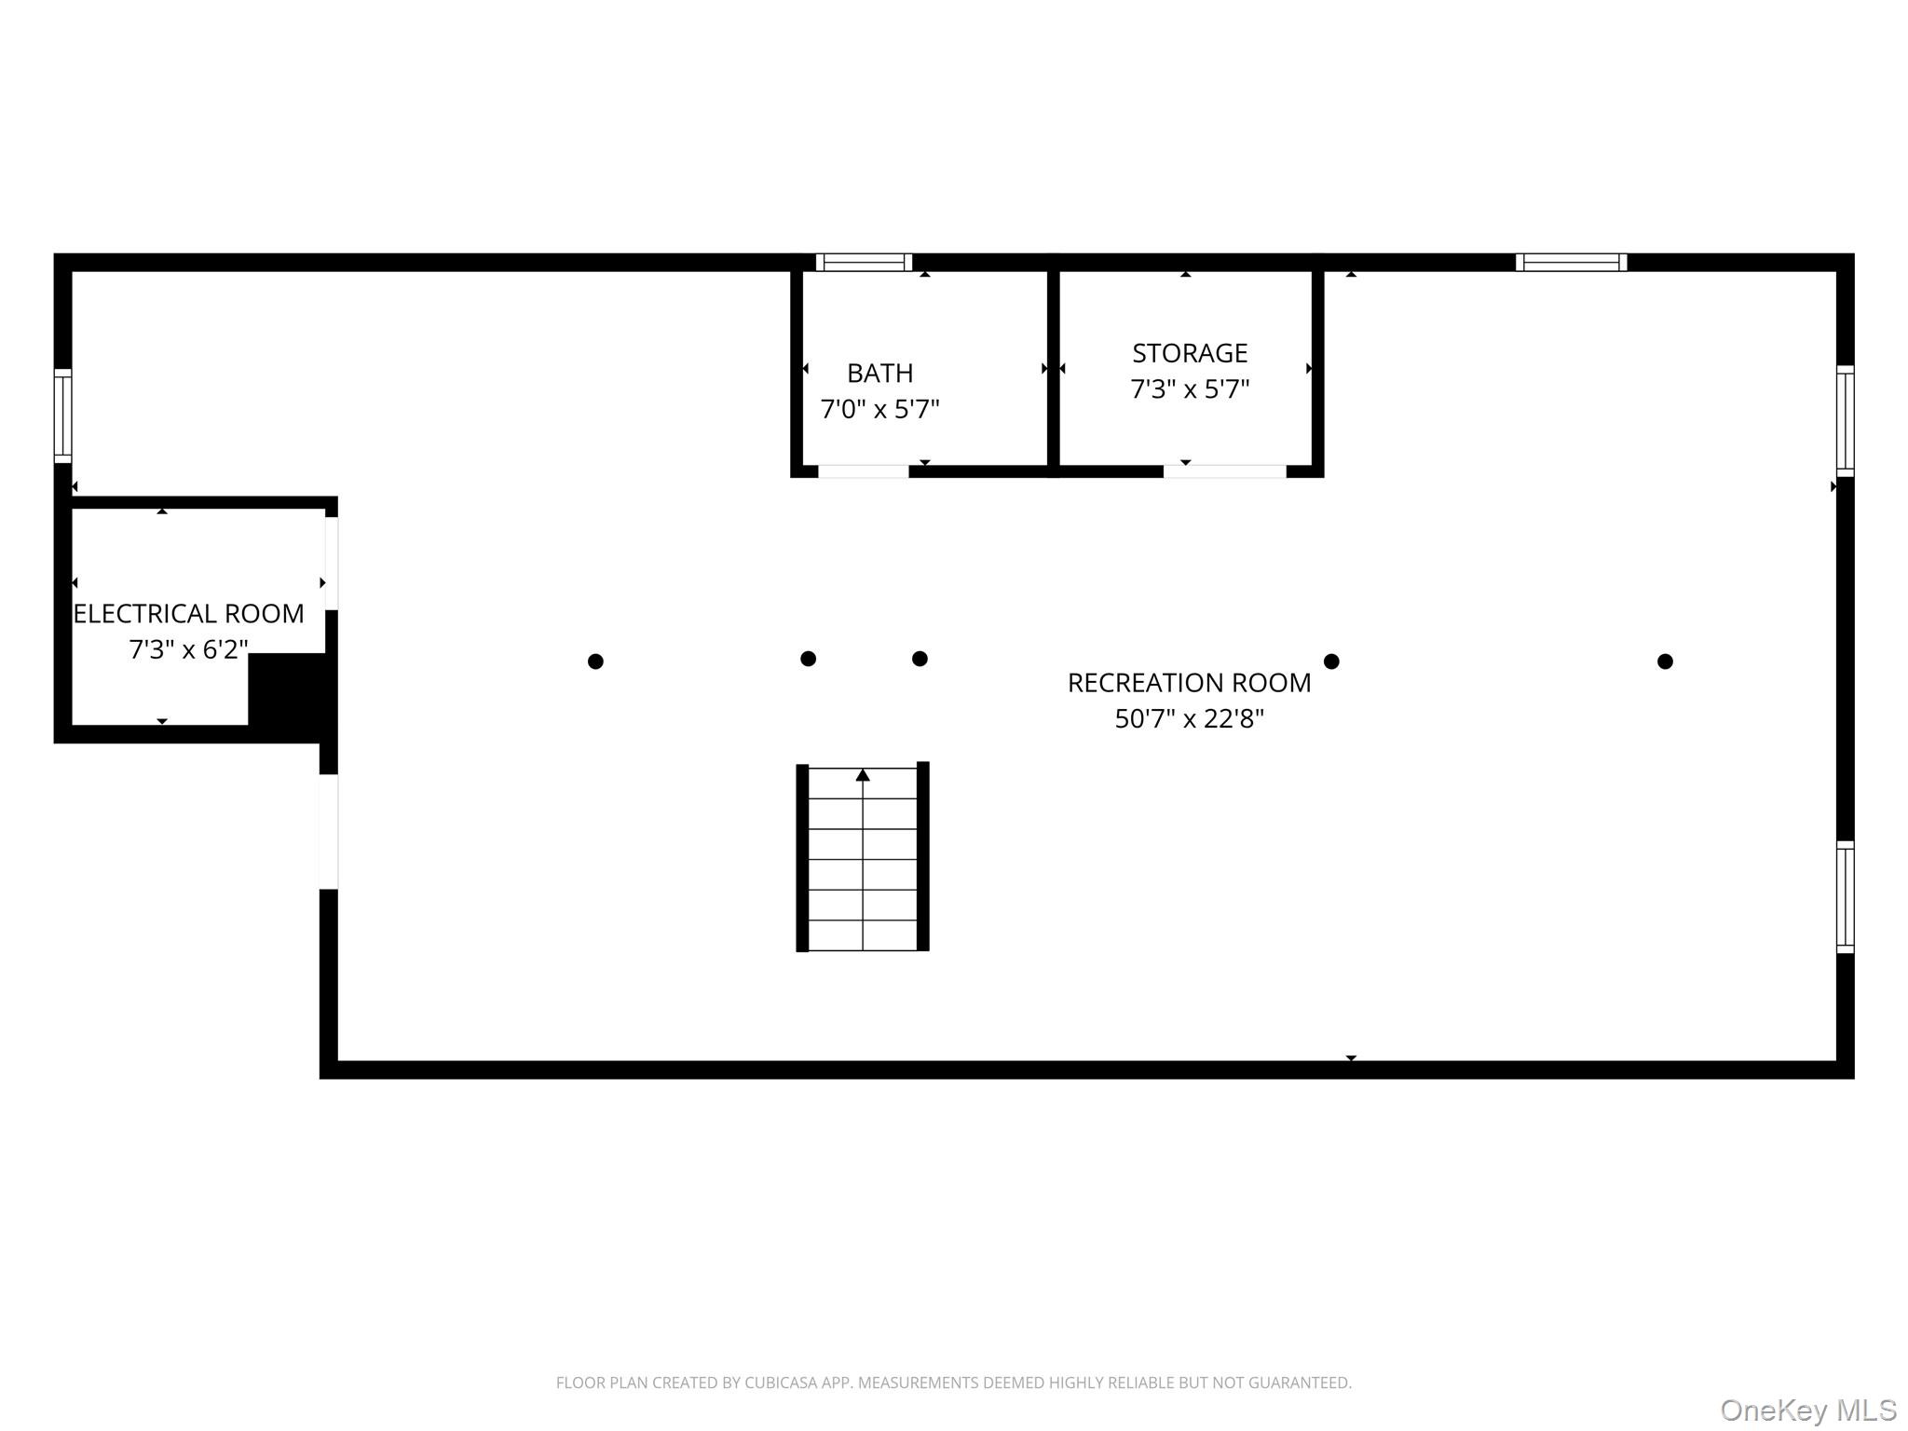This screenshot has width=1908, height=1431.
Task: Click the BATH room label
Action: point(879,374)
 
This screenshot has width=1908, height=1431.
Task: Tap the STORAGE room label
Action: point(1190,353)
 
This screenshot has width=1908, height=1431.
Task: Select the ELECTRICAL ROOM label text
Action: point(189,614)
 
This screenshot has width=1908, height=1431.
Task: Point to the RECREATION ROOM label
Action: point(1189,683)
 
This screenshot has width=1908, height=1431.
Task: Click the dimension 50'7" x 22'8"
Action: point(1189,718)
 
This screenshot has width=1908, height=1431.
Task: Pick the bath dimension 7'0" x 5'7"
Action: point(879,409)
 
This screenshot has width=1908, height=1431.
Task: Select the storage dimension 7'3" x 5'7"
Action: point(1190,388)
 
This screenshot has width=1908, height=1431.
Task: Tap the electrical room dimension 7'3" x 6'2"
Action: point(189,649)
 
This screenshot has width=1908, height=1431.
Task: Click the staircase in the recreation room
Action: point(863,857)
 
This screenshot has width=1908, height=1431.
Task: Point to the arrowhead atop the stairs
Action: point(863,774)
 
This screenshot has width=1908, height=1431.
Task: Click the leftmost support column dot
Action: point(595,661)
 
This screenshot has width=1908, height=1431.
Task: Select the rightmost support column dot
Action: point(1665,661)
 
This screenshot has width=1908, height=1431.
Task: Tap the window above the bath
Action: point(864,263)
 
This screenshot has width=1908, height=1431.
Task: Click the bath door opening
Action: point(864,471)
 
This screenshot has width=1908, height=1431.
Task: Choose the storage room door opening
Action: point(1225,471)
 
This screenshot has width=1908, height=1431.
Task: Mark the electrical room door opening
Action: point(332,564)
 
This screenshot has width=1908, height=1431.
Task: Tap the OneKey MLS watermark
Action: point(1808,1411)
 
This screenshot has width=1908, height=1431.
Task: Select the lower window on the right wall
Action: point(1845,897)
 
